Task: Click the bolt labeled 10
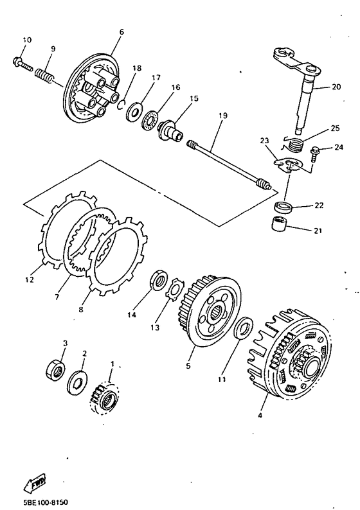[x=22, y=64]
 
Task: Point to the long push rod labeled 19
[x=230, y=166]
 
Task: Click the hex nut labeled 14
[x=159, y=279]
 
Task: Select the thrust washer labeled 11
[x=244, y=328]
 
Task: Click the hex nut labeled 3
[x=55, y=369]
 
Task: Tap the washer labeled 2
[x=77, y=382]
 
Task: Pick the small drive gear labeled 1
[x=105, y=399]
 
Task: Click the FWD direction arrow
[x=35, y=482]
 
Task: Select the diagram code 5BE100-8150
[x=46, y=502]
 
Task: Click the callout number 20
[x=336, y=87]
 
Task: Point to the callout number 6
[x=122, y=32]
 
